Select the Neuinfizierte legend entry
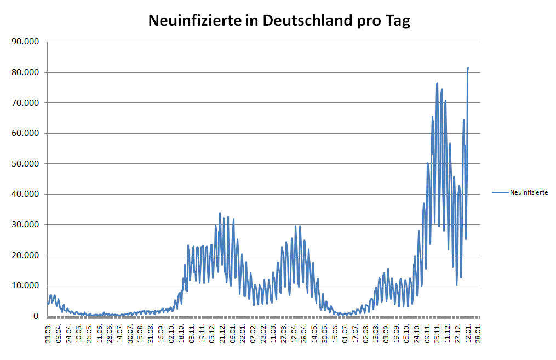click(x=529, y=192)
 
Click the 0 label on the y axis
click(x=36, y=316)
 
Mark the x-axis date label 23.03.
click(x=48, y=333)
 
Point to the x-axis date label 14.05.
click(x=315, y=333)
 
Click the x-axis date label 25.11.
click(x=438, y=333)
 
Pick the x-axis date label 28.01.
click(x=479, y=333)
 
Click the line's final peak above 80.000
click(x=468, y=68)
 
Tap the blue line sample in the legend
click(x=500, y=192)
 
